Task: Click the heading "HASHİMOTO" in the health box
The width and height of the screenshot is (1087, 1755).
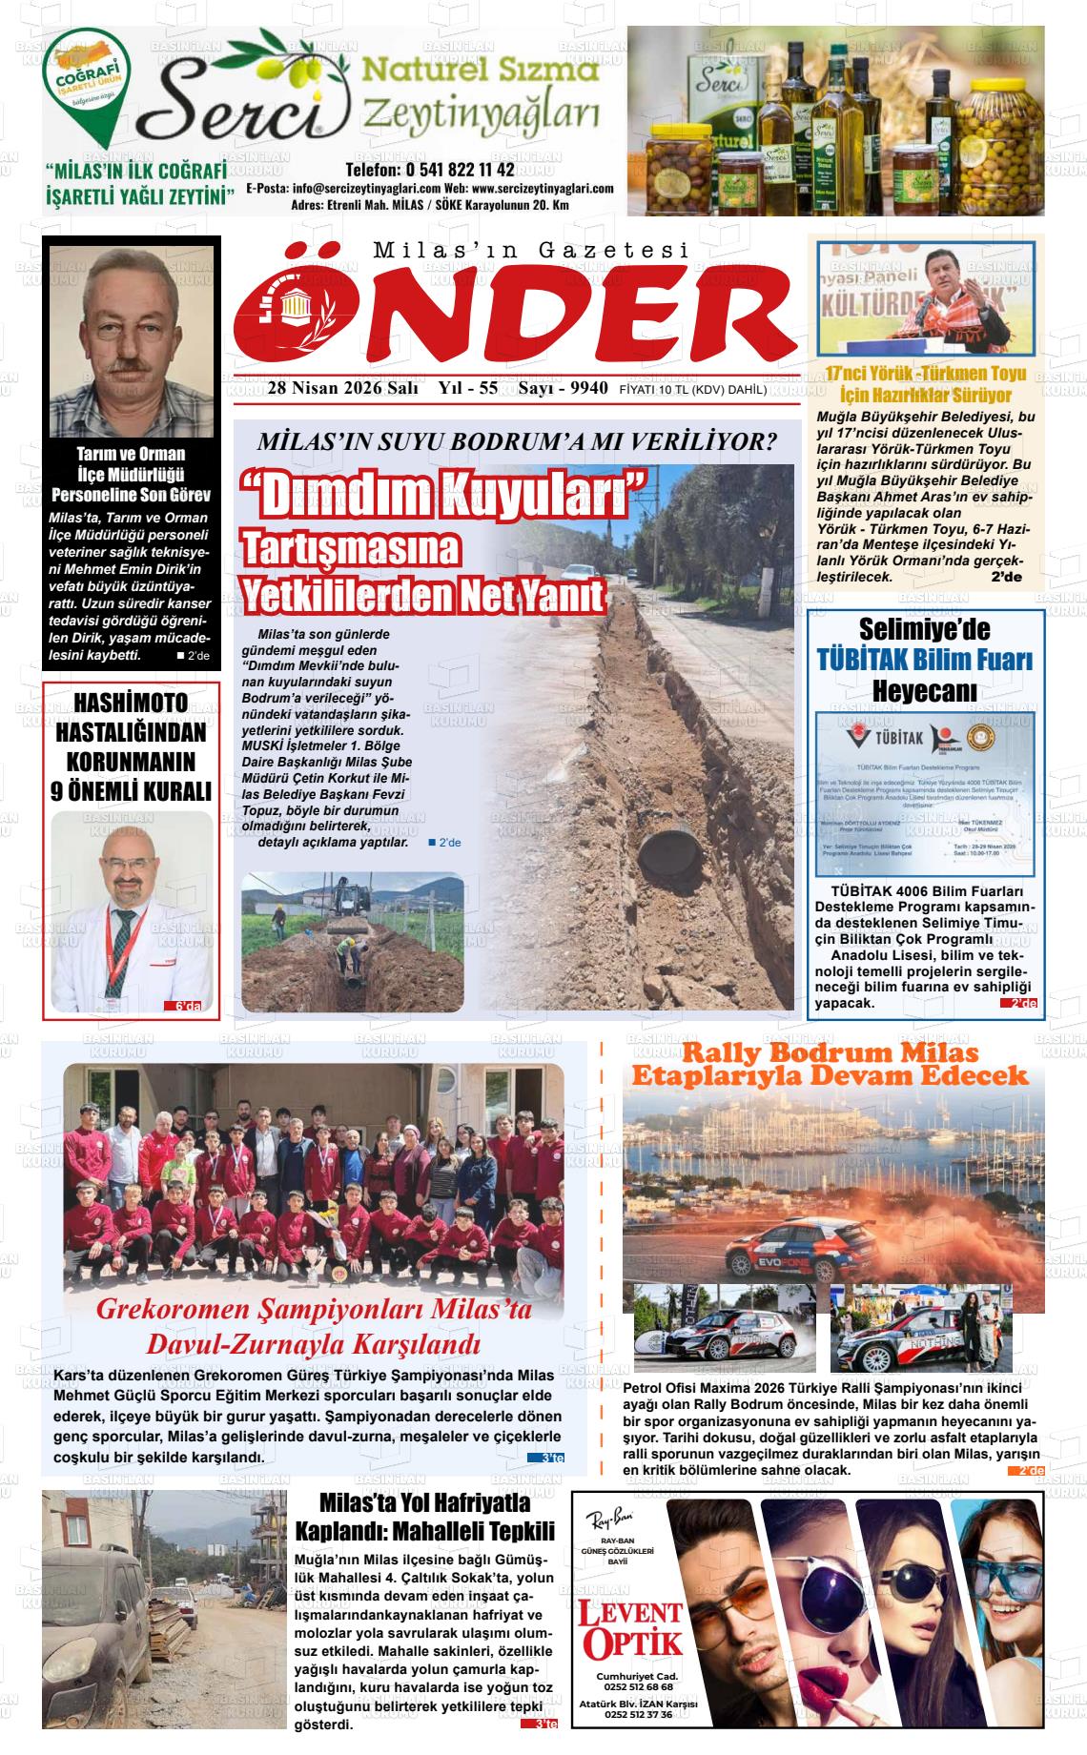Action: (x=131, y=704)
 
